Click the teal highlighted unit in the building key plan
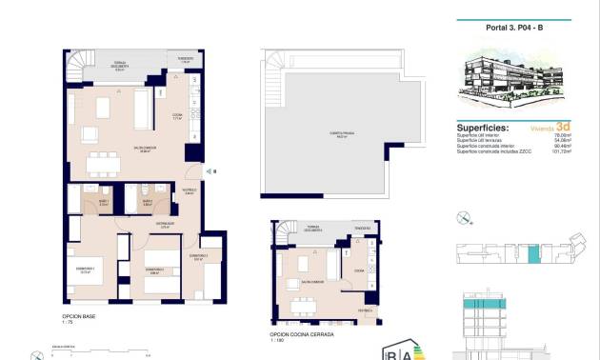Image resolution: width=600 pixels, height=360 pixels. point(533,254)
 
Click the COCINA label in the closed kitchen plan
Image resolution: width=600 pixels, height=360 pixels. point(359,271)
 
